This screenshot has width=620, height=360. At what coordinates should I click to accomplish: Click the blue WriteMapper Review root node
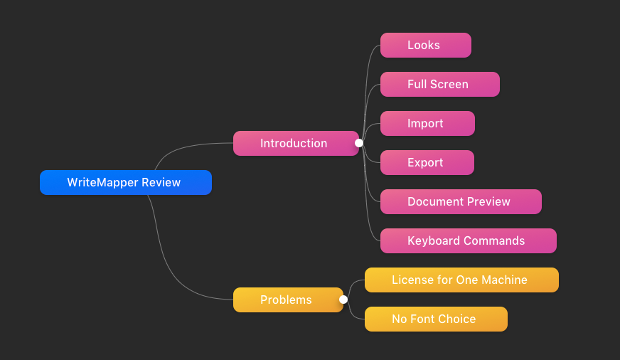point(126,182)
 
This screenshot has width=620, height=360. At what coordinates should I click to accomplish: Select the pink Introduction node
point(296,143)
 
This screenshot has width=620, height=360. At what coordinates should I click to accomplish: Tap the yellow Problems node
point(288,300)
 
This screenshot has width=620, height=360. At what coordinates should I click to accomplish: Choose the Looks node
point(426,45)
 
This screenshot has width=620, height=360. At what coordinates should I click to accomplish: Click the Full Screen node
point(440,84)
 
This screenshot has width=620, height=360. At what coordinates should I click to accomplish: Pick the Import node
point(427,123)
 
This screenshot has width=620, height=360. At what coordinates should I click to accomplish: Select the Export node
point(427,163)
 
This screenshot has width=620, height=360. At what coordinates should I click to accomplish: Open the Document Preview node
point(461,202)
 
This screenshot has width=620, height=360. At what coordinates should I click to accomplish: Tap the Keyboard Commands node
point(469,241)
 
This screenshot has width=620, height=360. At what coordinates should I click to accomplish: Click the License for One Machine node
point(461,280)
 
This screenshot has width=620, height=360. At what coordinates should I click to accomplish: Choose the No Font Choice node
point(436,319)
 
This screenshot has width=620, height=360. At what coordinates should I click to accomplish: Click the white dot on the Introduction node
point(359,143)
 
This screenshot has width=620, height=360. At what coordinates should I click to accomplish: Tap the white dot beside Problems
point(343,300)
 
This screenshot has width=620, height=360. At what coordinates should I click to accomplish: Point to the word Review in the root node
point(161,182)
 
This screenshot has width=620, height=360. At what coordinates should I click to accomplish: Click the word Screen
point(449,84)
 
